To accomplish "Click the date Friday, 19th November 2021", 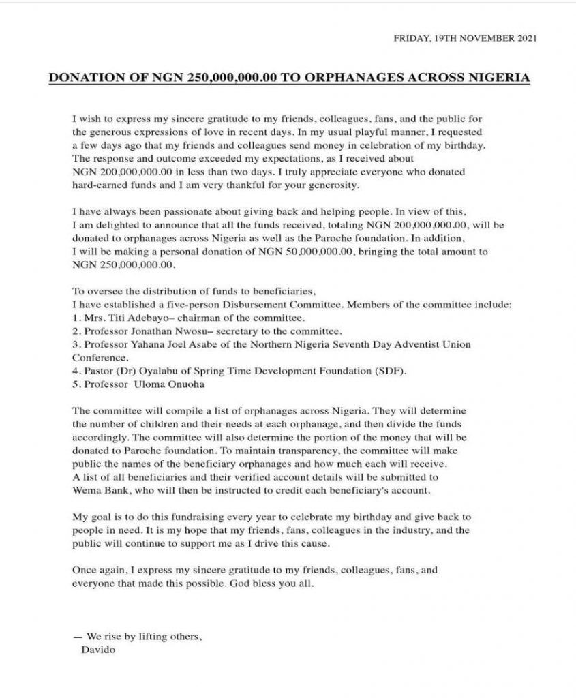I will pyautogui.click(x=465, y=40).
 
